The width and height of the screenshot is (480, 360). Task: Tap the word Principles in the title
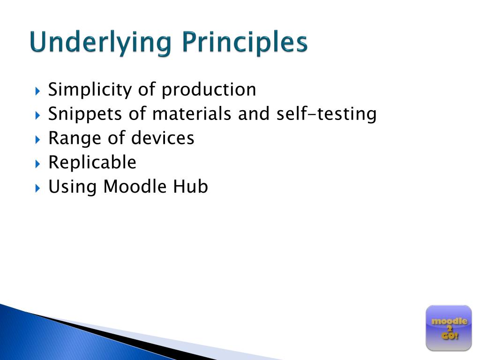(245, 43)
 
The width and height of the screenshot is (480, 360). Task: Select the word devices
(163, 138)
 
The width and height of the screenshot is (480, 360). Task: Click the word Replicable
(92, 163)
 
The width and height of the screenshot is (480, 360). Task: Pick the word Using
(73, 187)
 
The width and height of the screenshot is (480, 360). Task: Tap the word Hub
(190, 187)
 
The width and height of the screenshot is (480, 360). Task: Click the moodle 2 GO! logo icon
(449, 328)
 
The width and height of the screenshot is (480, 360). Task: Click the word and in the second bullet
(253, 114)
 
